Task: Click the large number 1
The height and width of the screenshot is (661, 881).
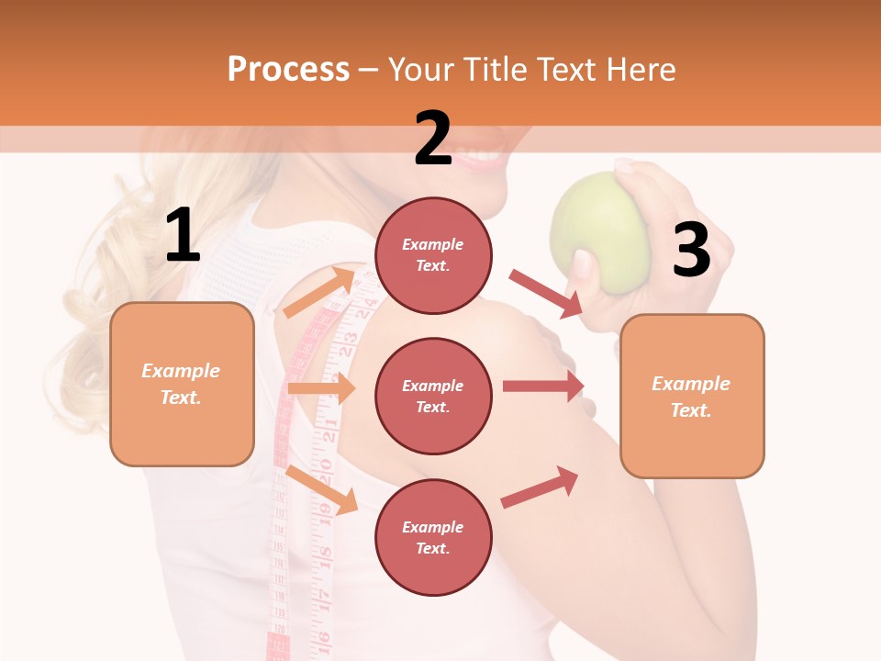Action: [183, 236]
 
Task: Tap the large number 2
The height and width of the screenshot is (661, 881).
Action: [433, 139]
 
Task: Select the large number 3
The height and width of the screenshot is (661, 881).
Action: [691, 251]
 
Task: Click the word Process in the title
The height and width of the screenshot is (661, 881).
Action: [288, 69]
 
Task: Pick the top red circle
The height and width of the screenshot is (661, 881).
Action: [433, 255]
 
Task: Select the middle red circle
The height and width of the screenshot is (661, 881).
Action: [433, 396]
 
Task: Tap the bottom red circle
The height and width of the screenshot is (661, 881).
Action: [433, 537]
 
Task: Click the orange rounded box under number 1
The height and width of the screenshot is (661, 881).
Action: [182, 384]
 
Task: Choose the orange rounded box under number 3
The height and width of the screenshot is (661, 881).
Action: [692, 396]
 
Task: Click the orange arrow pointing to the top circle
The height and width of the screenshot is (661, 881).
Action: [318, 292]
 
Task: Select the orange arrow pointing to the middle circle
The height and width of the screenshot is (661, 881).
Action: [321, 388]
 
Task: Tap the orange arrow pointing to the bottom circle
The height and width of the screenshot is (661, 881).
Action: [321, 489]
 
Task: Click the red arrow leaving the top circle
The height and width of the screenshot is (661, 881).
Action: [546, 294]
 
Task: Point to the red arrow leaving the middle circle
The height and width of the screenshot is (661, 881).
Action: [543, 387]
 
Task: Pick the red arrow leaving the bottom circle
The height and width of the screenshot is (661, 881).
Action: [540, 487]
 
